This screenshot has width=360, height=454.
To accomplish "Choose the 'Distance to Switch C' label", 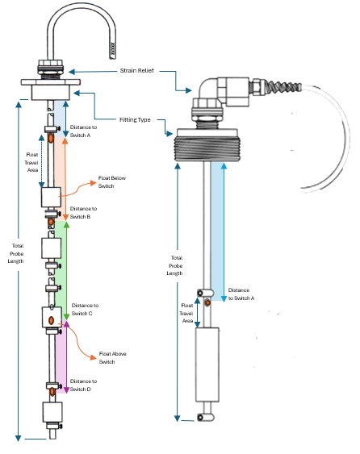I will point(86,309).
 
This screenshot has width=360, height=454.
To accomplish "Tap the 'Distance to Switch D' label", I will point(85,385).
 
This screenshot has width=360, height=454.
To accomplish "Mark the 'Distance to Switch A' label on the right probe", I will point(241,294).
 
